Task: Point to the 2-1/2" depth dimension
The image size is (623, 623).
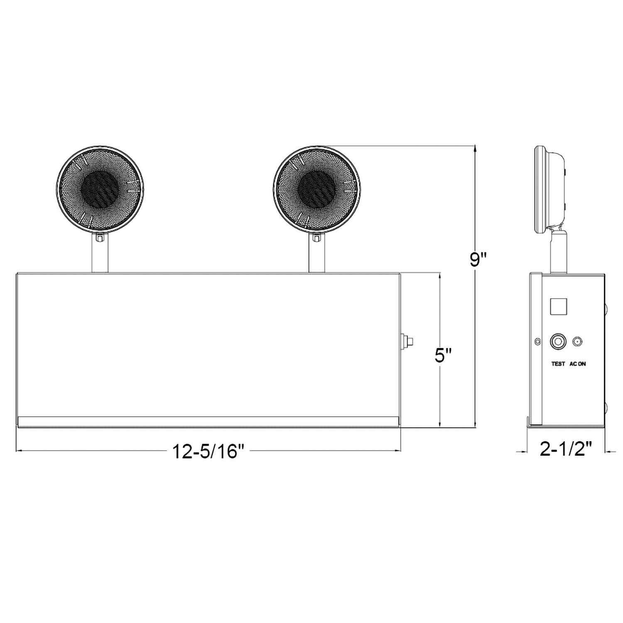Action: click(566, 449)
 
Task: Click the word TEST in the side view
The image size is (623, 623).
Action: click(558, 364)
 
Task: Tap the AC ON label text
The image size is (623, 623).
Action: click(578, 364)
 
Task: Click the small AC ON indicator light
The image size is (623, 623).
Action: click(576, 342)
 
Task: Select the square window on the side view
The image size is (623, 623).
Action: click(559, 307)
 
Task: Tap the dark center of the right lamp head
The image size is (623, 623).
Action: click(316, 189)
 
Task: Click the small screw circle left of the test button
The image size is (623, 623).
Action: click(537, 342)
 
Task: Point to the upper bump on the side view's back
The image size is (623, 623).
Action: click(606, 309)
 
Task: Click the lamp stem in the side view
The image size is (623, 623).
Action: click(558, 252)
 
